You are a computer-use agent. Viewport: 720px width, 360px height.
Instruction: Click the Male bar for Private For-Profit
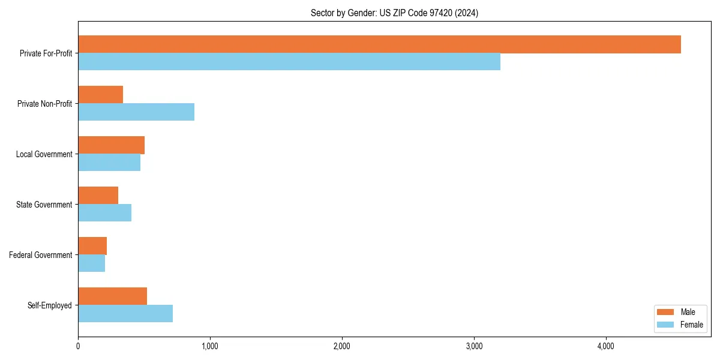(379, 44)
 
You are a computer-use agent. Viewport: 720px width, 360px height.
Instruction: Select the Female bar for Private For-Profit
(289, 62)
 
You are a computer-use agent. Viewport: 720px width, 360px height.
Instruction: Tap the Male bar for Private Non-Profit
(100, 95)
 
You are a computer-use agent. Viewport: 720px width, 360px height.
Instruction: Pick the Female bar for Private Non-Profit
(136, 112)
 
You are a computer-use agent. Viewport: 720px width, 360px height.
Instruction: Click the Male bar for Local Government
(111, 145)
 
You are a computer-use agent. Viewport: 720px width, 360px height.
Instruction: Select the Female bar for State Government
(104, 213)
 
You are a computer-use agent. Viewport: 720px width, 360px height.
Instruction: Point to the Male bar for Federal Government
(92, 246)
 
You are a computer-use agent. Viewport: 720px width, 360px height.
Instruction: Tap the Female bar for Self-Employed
(125, 314)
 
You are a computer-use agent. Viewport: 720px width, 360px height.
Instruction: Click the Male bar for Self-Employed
(112, 296)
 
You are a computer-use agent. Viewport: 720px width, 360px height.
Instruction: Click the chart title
(394, 13)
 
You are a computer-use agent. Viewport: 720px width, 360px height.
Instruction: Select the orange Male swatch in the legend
(666, 312)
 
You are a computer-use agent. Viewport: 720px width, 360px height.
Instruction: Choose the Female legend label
(692, 325)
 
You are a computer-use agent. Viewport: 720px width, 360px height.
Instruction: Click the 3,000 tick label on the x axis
(474, 346)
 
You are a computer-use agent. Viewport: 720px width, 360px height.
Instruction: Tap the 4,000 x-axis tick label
(606, 346)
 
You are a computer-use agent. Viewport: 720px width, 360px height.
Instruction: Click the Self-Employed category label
(50, 305)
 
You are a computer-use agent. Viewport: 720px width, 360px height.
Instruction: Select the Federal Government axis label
(41, 255)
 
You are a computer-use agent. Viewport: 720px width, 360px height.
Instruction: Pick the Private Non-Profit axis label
(44, 104)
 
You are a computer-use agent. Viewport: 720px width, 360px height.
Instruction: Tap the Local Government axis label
(44, 154)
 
